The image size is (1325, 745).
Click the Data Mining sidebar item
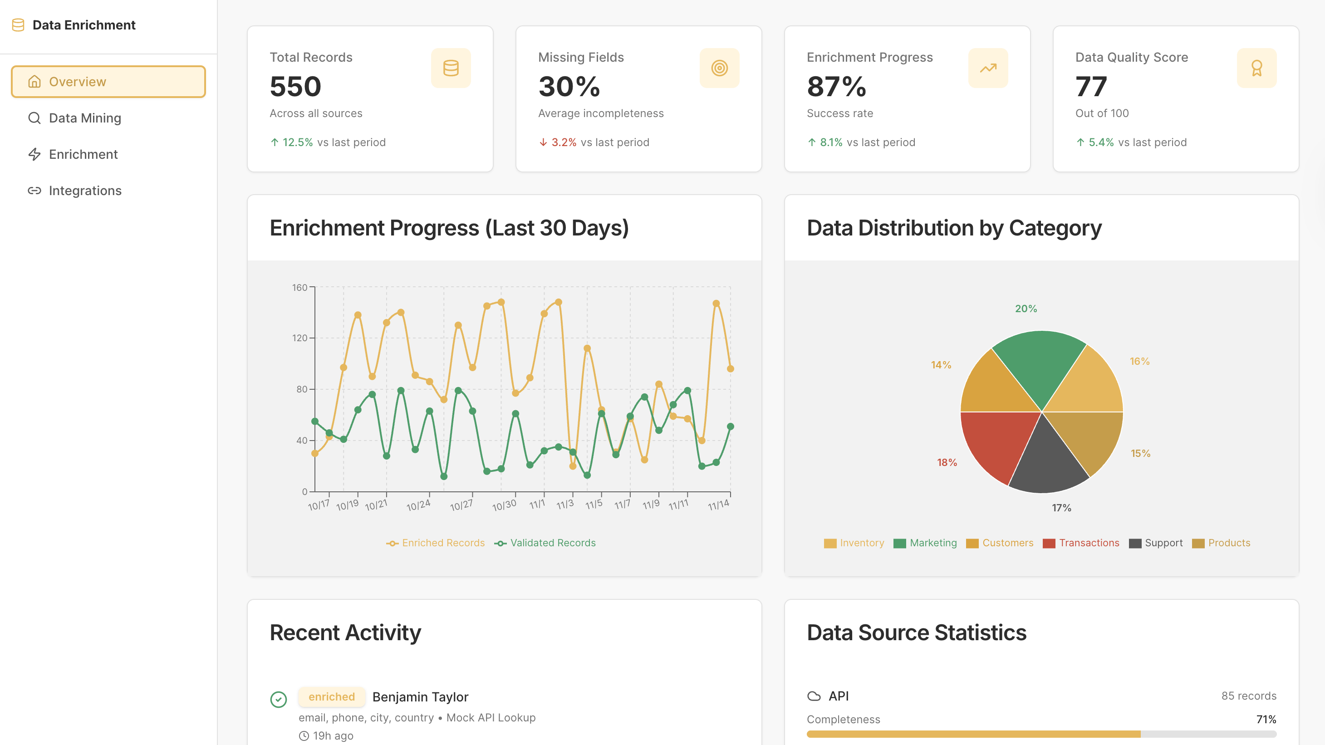(85, 118)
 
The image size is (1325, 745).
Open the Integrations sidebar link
(85, 191)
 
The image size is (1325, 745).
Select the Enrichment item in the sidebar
(83, 154)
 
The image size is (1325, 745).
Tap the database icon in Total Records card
(451, 68)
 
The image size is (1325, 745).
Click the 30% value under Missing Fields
(569, 86)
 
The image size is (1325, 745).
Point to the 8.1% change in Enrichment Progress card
(831, 142)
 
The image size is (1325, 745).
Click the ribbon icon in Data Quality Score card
(1256, 68)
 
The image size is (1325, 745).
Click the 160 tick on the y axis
(299, 287)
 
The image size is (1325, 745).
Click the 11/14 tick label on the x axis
(718, 505)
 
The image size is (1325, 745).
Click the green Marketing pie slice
(1039, 365)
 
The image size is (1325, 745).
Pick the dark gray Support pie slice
(1047, 463)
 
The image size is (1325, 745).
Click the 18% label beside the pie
(947, 462)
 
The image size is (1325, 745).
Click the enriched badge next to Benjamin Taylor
(332, 696)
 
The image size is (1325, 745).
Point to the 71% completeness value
(1266, 719)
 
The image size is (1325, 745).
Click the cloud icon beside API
(814, 696)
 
